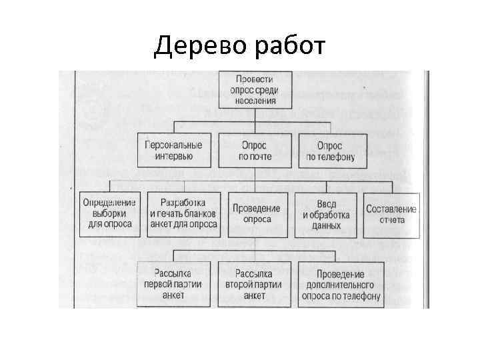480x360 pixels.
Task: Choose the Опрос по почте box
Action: tap(253, 150)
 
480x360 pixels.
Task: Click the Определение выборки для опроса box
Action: tap(110, 214)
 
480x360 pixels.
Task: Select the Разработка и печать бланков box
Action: tap(183, 214)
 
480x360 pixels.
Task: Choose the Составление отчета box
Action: tap(391, 214)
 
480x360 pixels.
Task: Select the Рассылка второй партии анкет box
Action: tap(254, 284)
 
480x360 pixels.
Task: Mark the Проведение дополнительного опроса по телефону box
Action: tap(340, 285)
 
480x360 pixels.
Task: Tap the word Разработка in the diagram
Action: tap(183, 203)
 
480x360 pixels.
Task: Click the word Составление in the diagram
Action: tap(391, 209)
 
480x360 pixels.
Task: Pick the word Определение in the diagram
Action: tap(110, 203)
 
